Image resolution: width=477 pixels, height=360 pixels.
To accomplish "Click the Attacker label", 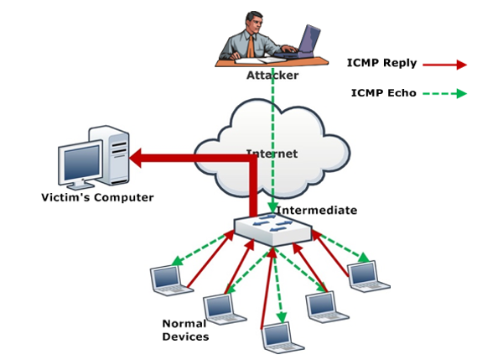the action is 272,76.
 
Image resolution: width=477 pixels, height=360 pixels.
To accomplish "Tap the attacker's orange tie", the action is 251,46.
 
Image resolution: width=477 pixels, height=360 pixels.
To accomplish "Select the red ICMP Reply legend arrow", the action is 445,65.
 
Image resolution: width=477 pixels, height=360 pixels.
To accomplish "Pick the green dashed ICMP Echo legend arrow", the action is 445,93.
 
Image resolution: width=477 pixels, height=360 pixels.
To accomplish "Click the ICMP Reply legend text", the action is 381,63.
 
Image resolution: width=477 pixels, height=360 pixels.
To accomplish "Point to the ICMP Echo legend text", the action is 384,92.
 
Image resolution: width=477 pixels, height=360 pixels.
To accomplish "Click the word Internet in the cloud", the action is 272,154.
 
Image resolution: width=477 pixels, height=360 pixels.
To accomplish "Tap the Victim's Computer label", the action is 97,197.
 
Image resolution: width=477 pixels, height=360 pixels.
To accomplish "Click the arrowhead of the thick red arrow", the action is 136,158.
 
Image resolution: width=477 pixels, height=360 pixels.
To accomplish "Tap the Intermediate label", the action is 316,210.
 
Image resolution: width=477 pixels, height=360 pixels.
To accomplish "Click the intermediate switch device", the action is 273,229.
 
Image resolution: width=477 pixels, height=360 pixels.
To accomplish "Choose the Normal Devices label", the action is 185,330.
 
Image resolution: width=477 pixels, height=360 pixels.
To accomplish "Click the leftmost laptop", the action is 170,280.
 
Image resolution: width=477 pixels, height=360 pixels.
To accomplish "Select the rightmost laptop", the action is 367,276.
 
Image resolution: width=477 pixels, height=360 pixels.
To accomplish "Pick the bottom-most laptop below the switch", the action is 282,337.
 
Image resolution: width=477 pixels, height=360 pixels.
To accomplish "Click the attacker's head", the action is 253,21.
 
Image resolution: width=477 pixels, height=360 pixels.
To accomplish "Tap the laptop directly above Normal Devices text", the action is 224,309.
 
